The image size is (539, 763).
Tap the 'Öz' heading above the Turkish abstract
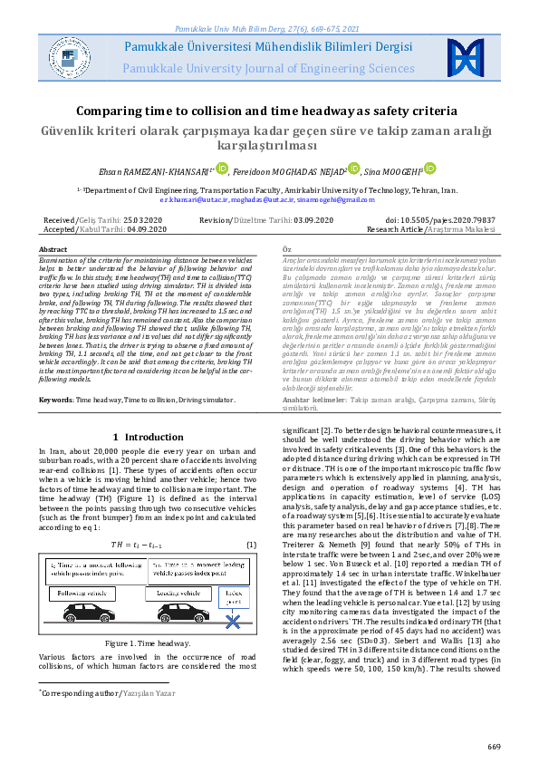286,248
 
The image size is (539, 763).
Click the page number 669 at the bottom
494,746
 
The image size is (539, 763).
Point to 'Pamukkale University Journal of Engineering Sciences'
270,67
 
